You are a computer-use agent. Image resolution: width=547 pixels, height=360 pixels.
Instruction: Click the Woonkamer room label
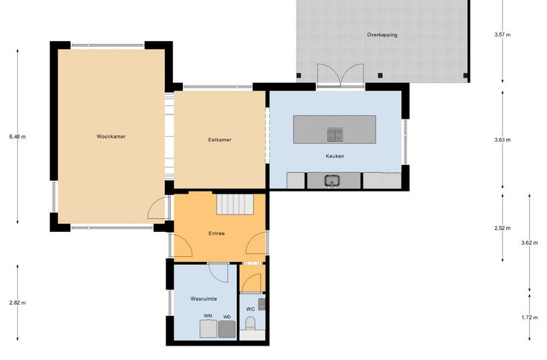[111, 136]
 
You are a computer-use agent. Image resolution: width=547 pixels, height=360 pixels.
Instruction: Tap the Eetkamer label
[220, 140]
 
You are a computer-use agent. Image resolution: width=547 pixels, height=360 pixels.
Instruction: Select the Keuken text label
[335, 156]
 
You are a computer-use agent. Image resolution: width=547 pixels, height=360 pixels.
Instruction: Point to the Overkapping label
[382, 35]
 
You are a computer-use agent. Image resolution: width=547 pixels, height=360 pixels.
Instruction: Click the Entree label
[217, 233]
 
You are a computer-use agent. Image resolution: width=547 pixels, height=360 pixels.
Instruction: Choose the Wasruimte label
[204, 299]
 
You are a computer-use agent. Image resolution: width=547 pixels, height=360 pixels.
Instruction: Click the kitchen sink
[332, 181]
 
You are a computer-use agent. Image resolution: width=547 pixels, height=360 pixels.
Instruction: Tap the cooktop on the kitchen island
[335, 135]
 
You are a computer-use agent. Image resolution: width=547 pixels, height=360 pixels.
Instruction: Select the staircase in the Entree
[235, 204]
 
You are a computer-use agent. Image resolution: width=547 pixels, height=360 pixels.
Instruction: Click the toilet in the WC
[250, 323]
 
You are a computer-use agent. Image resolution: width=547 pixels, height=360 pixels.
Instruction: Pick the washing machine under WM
[209, 329]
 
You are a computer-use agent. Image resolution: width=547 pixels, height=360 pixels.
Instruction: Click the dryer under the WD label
[227, 329]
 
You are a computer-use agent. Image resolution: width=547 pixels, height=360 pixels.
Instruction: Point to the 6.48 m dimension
[17, 137]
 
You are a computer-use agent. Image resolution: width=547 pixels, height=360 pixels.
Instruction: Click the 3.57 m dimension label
[502, 35]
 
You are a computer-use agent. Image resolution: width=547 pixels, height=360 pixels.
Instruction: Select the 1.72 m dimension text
[530, 318]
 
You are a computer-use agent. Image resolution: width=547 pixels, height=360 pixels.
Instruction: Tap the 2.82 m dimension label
[17, 303]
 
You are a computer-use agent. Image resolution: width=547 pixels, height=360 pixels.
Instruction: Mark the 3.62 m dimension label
[530, 243]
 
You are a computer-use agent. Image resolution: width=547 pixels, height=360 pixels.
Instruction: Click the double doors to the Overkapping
[340, 75]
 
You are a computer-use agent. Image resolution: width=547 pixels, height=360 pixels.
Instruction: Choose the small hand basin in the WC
[262, 304]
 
